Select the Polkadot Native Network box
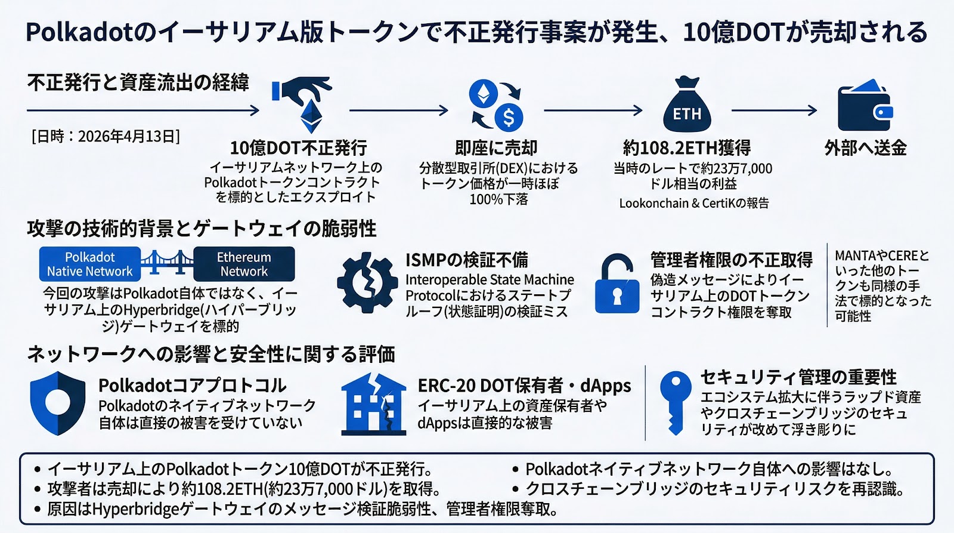[x=90, y=264]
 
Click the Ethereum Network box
[x=244, y=264]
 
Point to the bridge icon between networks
[x=167, y=262]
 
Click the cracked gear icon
[x=367, y=282]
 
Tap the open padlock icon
[x=617, y=284]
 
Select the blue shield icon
[x=58, y=403]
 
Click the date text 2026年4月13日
[x=106, y=137]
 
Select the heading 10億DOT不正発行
[x=298, y=147]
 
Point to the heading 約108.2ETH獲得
[x=686, y=147]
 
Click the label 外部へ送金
[x=865, y=147]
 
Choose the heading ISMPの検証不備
[x=466, y=260]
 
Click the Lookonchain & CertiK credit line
[x=693, y=204]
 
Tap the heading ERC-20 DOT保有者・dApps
[x=524, y=386]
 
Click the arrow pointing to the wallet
[x=774, y=110]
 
